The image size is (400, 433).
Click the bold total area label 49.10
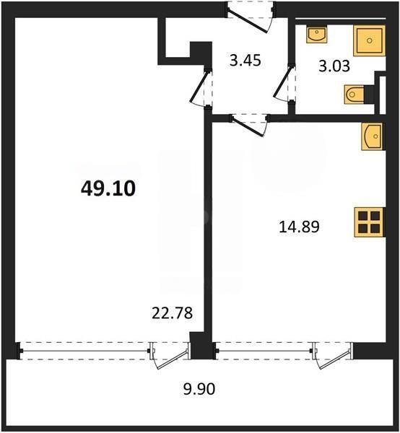[x=107, y=189]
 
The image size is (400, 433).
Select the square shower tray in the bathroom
[x=370, y=41]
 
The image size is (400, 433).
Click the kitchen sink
[x=371, y=136]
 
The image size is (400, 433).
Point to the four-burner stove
[x=368, y=222]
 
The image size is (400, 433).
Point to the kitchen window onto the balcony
[x=264, y=350]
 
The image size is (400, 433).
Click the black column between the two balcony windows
[x=201, y=345]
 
